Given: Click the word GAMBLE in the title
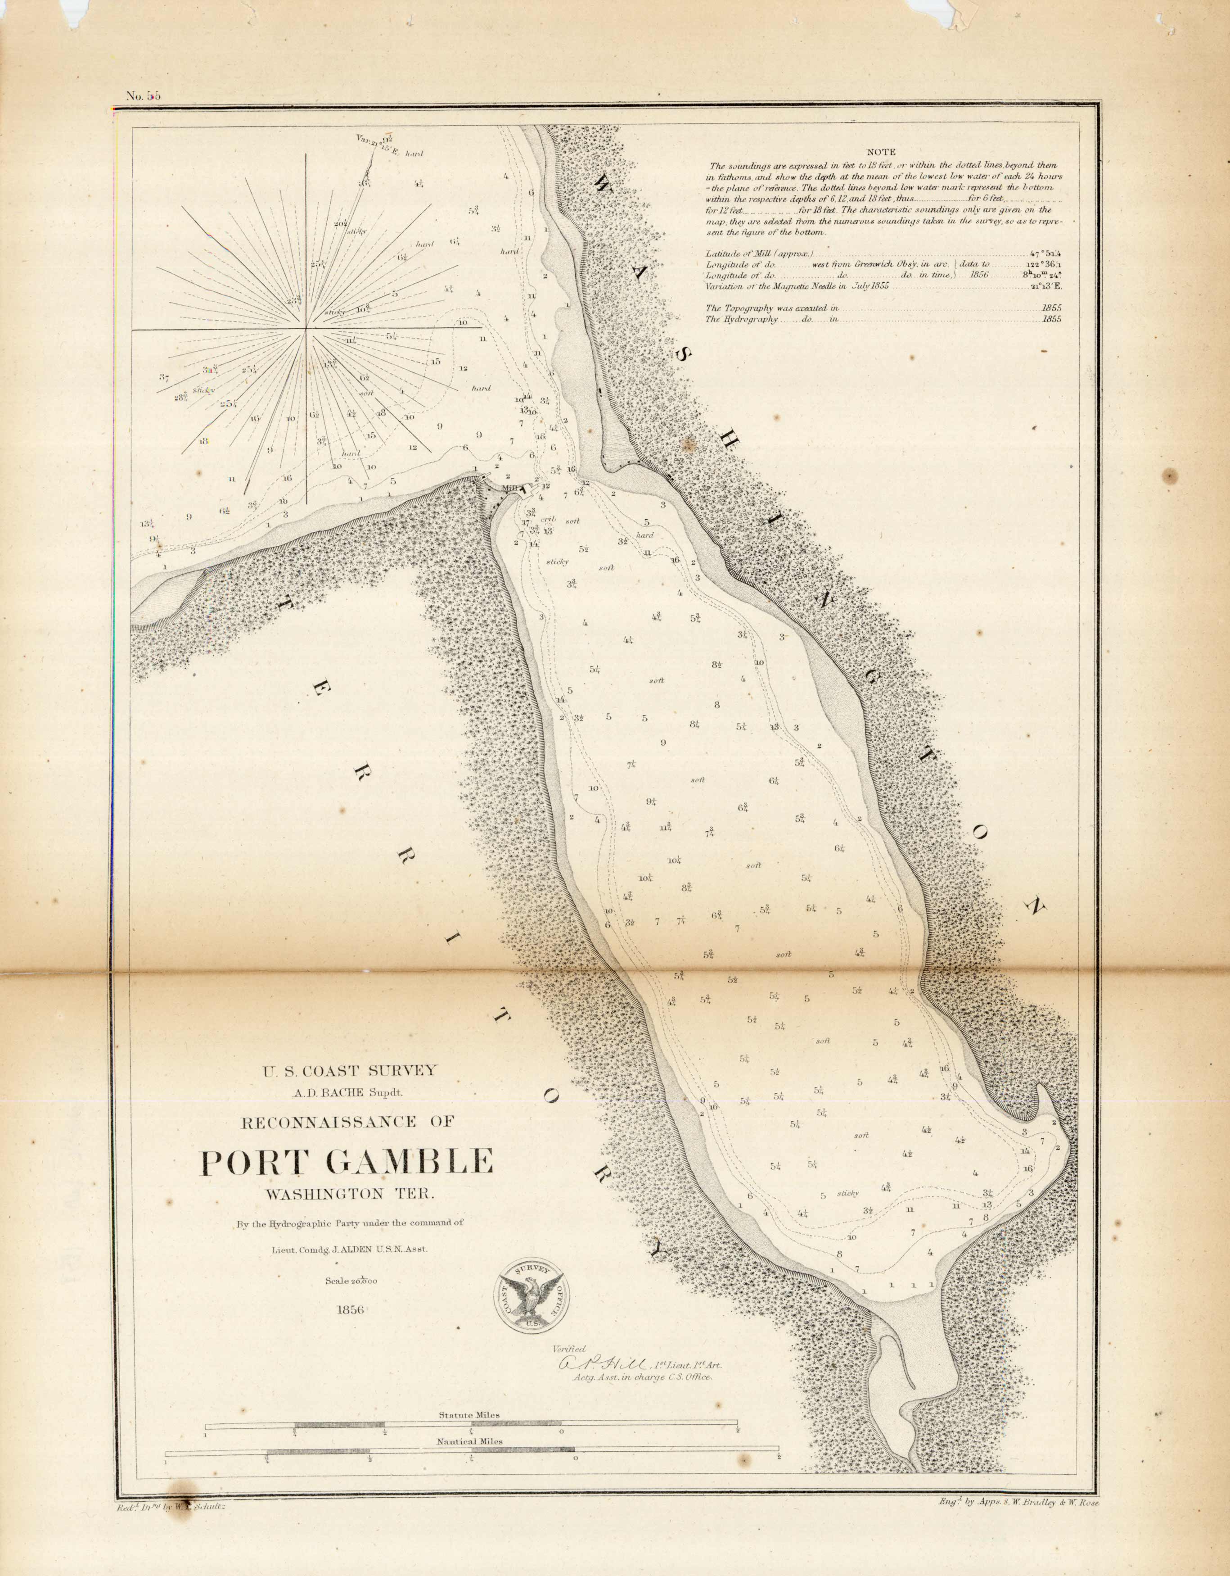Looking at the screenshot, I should (409, 1161).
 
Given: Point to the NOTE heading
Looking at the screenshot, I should (881, 152).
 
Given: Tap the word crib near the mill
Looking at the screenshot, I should (549, 518).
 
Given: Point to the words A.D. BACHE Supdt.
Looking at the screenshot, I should (348, 1092).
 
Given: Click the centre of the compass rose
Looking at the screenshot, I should (306, 330).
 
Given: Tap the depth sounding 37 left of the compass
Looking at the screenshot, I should (164, 377).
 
